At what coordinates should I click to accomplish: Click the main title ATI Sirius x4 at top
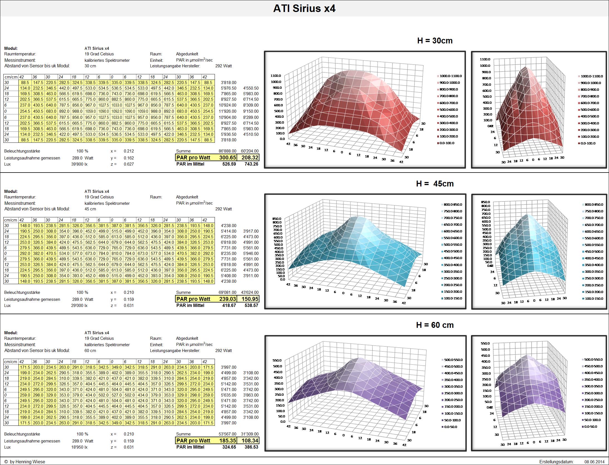point(304,9)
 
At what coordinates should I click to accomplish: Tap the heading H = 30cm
point(435,41)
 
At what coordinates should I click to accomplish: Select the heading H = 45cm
point(435,184)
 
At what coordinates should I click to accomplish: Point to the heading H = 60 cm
point(435,325)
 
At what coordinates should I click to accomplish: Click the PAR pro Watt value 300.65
point(228,158)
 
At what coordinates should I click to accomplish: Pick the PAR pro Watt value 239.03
point(228,299)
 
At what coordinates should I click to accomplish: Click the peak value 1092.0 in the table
point(116,111)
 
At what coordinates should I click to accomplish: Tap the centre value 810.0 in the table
point(116,254)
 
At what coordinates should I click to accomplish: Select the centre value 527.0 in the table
point(116,395)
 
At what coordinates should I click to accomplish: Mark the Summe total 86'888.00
point(227,151)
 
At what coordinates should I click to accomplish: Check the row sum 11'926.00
point(229,111)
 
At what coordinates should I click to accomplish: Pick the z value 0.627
point(129,164)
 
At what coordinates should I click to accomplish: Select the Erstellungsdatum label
point(556,462)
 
